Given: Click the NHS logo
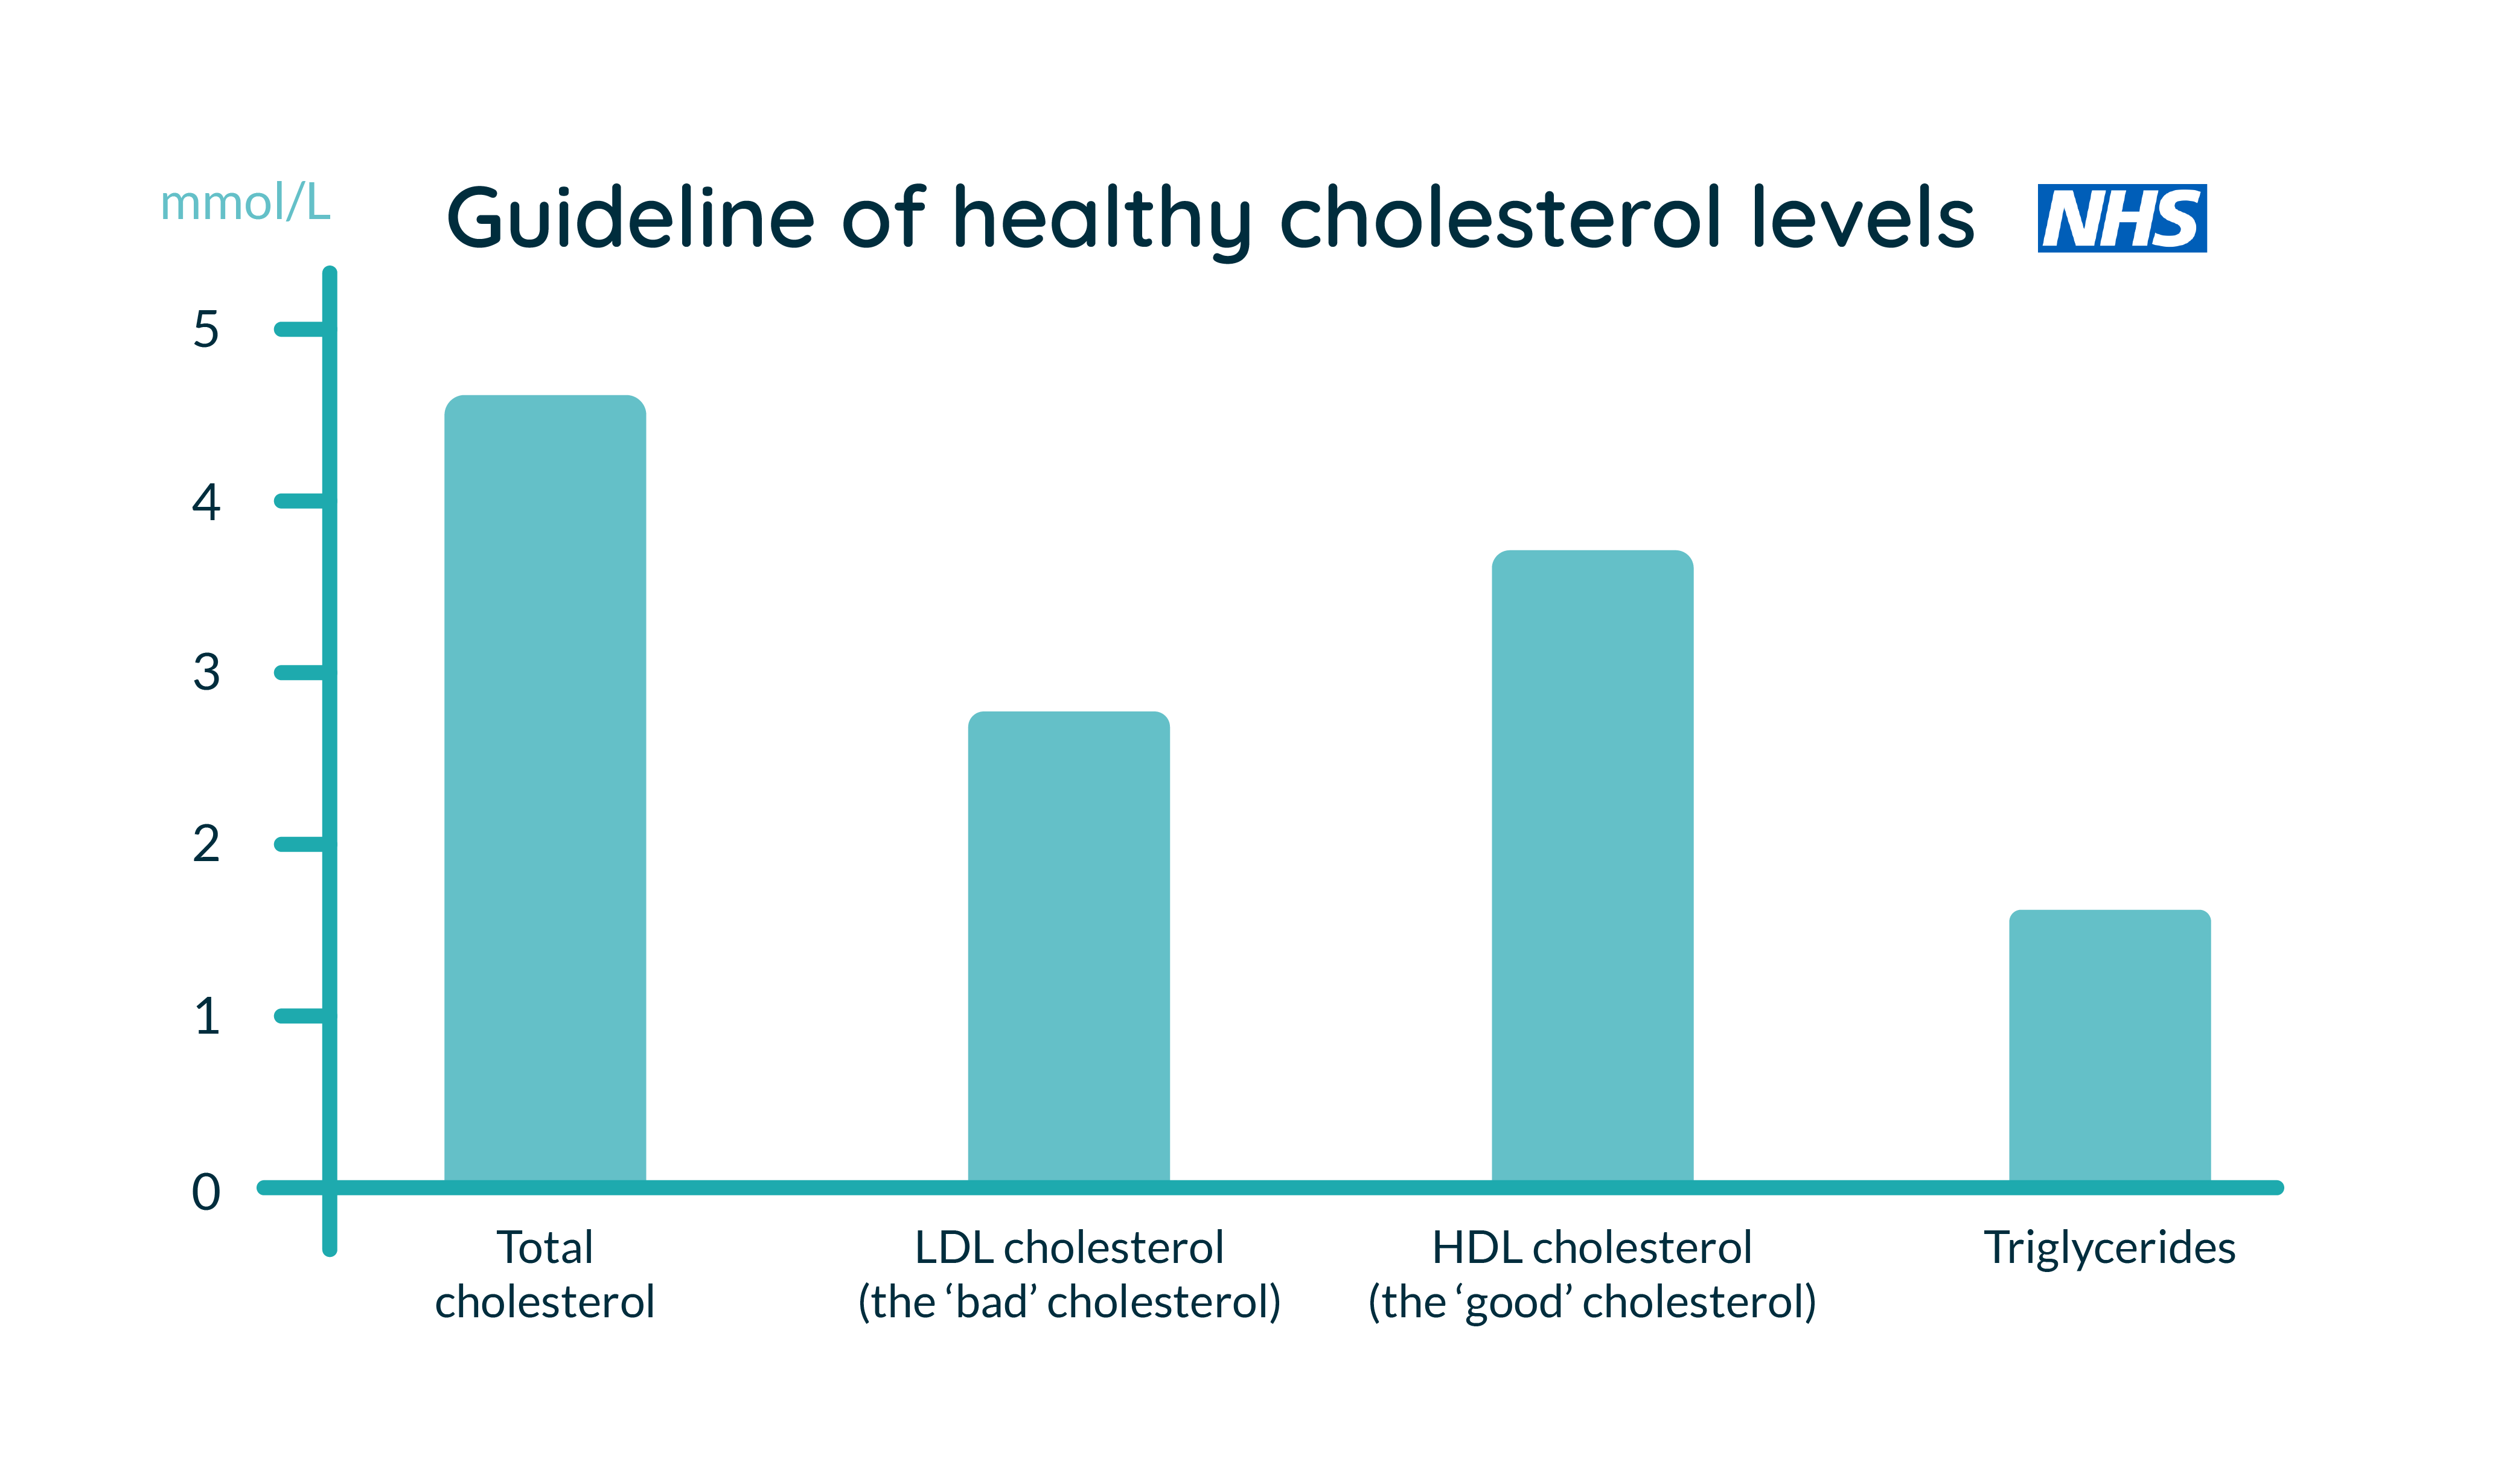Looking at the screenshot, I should coord(2121,218).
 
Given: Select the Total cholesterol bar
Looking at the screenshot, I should coord(545,789).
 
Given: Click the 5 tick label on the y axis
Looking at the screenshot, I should coord(206,329).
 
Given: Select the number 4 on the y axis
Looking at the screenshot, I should coord(206,501).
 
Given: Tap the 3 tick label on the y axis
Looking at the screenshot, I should coord(206,672).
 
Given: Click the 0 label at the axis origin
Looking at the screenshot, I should coord(206,1191).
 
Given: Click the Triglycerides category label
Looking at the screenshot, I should coord(2109,1247).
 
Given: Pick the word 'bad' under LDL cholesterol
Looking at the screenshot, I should coord(992,1302).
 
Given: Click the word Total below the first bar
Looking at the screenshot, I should coord(545,1247).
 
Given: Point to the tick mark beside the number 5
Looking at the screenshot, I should coord(299,329).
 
